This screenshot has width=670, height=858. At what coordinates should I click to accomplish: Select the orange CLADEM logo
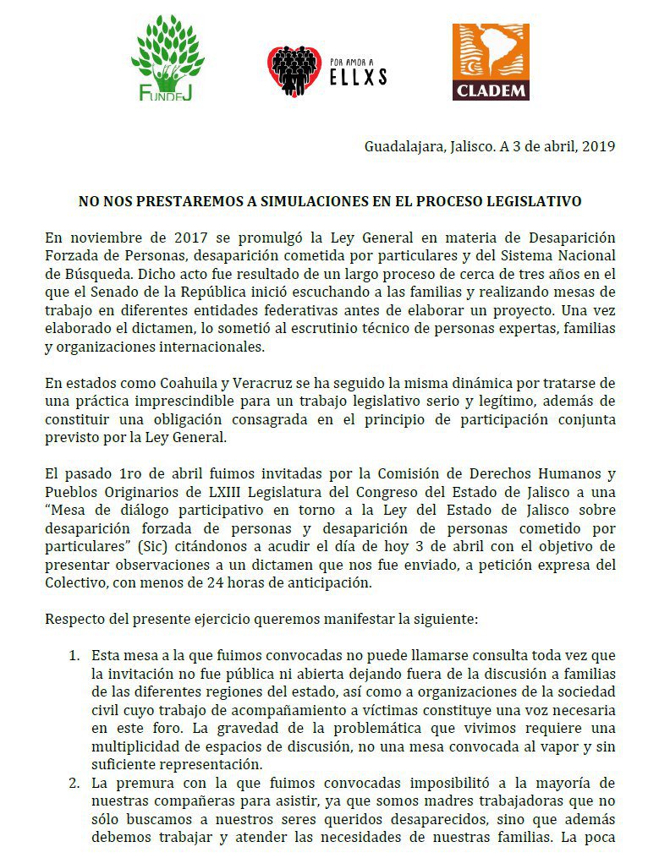(x=491, y=62)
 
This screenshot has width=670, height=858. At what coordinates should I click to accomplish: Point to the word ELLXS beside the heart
(x=359, y=78)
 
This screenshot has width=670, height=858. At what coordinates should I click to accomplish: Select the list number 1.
(x=74, y=656)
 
